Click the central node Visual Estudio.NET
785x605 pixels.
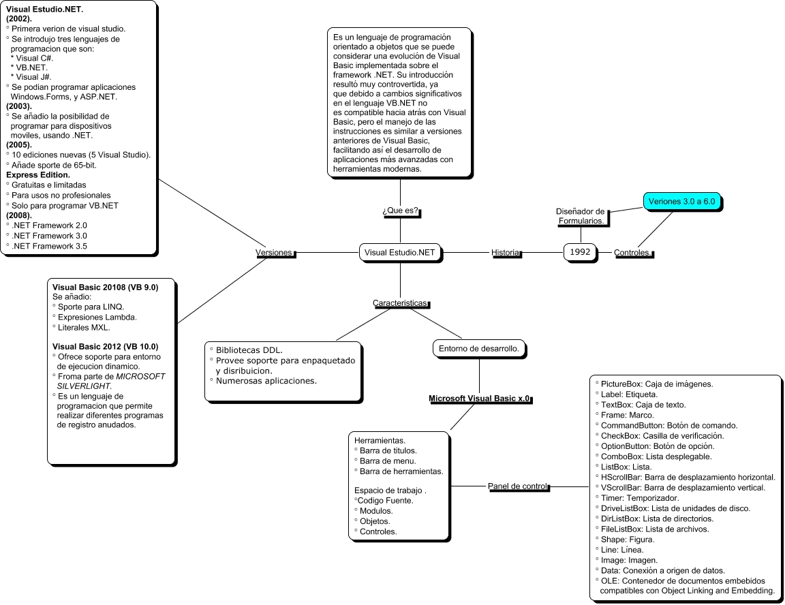pos(400,253)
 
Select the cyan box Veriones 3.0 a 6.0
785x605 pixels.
pos(682,202)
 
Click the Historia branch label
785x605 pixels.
pos(506,253)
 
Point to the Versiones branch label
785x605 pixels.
pos(274,253)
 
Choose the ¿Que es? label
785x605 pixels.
pos(400,212)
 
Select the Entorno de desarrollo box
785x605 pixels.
pos(480,348)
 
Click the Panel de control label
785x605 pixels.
pos(517,486)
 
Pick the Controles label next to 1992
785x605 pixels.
pos(632,253)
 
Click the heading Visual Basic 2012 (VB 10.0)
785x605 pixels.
pos(105,346)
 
